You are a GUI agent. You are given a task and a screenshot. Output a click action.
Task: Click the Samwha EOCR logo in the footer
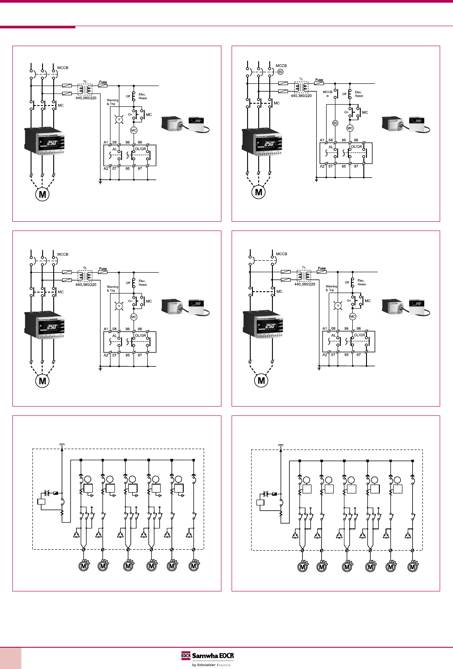coord(207,656)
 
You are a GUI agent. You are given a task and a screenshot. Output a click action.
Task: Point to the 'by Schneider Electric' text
coord(211,665)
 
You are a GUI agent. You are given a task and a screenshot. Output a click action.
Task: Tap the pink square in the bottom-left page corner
coord(10,658)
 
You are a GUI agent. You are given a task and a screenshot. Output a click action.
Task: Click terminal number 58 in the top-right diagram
coord(331,140)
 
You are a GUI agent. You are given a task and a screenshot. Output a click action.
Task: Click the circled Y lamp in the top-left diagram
coord(118,120)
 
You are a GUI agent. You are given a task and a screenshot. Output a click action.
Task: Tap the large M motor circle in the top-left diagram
coord(42,194)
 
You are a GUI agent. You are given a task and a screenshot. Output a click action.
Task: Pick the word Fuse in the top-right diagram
coord(319,80)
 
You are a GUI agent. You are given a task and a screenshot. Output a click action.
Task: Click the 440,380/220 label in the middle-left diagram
coord(86,285)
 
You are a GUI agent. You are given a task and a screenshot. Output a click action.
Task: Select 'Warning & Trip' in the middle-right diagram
coord(331,288)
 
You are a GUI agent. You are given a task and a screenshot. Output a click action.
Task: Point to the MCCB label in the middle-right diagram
coord(281,254)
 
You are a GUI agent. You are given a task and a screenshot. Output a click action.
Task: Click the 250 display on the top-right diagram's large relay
coord(268,144)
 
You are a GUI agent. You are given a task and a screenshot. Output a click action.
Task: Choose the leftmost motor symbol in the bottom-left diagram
coord(83,566)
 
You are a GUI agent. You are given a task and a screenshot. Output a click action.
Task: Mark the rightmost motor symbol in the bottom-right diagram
coord(413,566)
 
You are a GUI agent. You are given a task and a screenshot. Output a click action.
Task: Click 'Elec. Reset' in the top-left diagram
coord(142,96)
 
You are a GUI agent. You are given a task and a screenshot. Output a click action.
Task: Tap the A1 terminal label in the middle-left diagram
coord(106,329)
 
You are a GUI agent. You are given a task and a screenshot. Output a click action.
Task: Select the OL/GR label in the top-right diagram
coord(356,146)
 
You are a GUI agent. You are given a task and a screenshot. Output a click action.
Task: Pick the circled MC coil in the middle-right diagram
coord(352,317)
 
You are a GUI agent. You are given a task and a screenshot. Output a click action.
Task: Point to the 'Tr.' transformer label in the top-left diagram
coord(85,82)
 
